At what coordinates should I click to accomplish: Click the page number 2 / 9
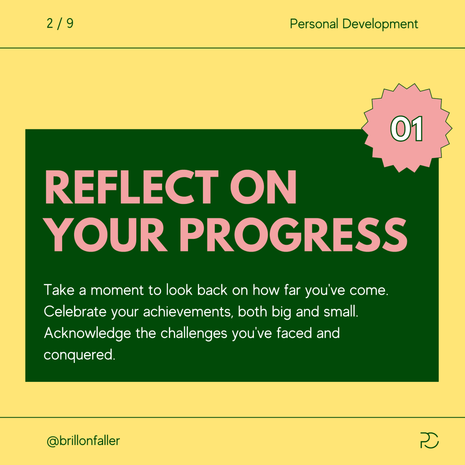(60, 24)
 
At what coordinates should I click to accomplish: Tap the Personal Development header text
(354, 24)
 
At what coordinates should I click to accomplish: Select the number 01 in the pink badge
(406, 129)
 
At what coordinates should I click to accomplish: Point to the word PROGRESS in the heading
(293, 235)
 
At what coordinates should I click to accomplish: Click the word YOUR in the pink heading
(105, 235)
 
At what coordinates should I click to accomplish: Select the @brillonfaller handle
(84, 440)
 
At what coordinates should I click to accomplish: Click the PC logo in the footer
(430, 440)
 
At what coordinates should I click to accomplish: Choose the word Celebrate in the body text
(75, 312)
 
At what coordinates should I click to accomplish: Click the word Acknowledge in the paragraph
(88, 333)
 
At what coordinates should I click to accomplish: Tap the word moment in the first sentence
(117, 290)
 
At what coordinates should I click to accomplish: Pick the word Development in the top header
(380, 24)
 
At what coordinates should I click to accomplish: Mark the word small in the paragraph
(341, 312)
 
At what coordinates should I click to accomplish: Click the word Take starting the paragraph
(59, 290)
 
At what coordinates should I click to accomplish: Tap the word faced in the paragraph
(294, 333)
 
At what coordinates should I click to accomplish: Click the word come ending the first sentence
(369, 290)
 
